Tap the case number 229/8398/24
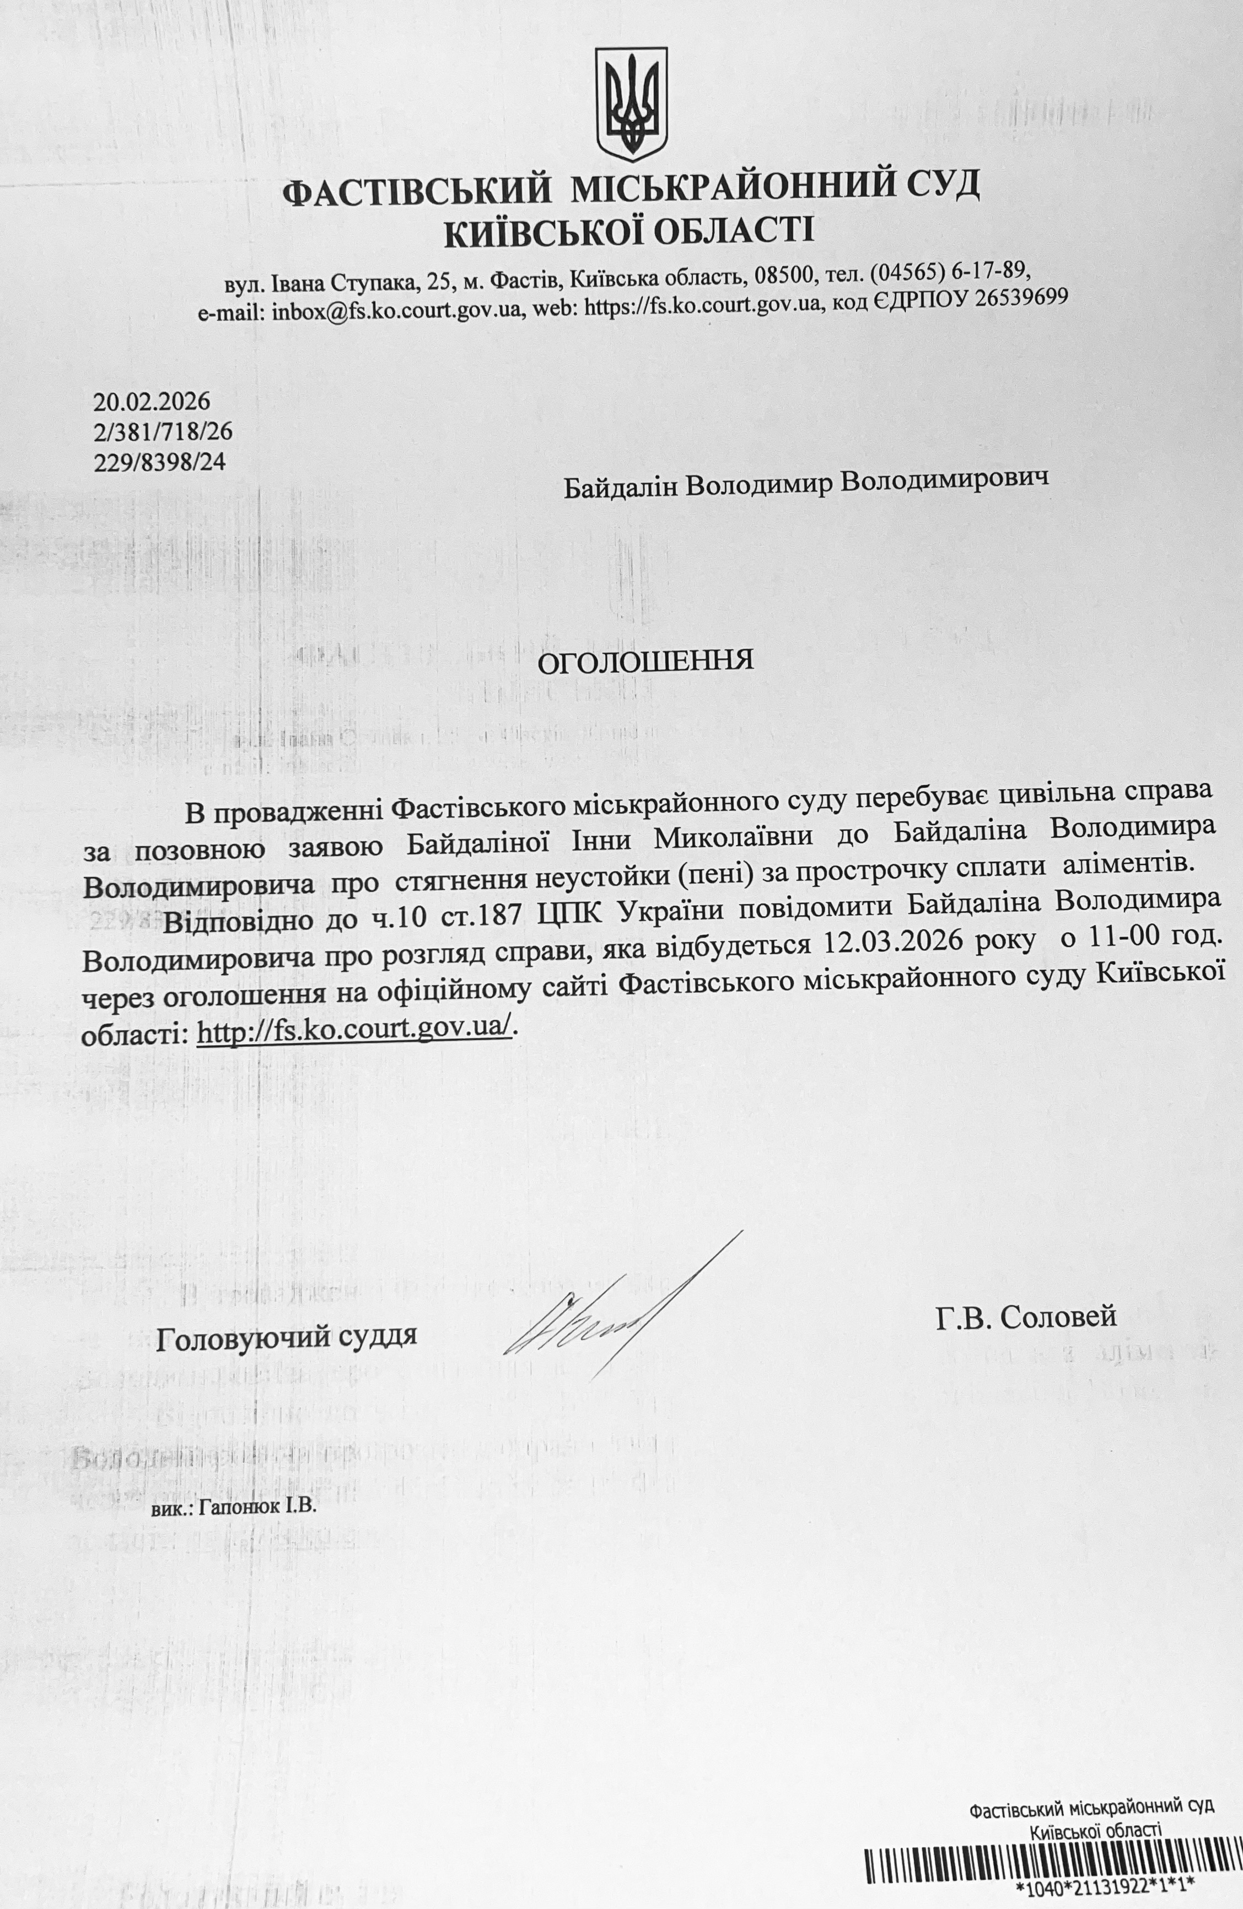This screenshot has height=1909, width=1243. tap(160, 462)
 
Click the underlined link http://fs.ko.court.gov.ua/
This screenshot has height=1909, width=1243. tap(354, 1031)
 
